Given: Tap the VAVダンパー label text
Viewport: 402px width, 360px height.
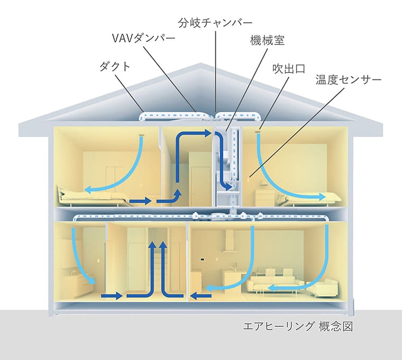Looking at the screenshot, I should point(141,40).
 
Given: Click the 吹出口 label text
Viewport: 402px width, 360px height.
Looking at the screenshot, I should point(288,67).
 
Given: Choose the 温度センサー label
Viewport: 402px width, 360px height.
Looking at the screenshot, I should point(348,80).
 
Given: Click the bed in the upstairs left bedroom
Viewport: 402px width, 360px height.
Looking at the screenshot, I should point(90,196).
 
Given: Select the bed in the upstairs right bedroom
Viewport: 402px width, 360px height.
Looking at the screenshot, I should point(312,199).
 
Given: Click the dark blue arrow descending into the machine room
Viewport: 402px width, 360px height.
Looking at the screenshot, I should point(225,164).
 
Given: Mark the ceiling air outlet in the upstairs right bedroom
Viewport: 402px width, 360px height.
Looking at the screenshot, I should point(259,130).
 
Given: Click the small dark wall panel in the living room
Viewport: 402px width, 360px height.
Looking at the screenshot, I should point(202,260).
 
